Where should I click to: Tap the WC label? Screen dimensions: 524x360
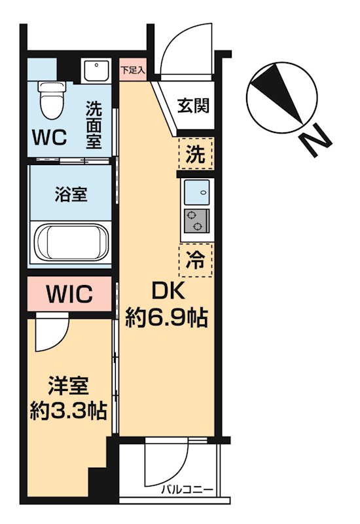tap(50, 138)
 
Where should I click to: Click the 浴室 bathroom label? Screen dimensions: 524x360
tap(71, 195)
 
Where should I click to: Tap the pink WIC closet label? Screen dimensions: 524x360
tap(69, 293)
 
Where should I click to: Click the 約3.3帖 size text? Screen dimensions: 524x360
tap(69, 411)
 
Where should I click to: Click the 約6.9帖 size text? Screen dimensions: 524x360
tap(166, 318)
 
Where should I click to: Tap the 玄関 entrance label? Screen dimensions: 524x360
tap(194, 104)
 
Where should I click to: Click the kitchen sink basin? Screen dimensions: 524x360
tap(195, 193)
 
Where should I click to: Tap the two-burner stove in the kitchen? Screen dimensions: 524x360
tap(195, 221)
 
